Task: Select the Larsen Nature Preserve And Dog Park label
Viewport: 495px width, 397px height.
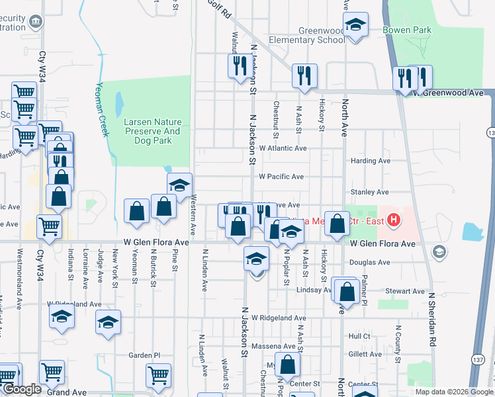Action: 152,126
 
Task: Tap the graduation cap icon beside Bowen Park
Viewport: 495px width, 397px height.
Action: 356,27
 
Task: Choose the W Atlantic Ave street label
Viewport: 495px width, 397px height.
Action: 283,148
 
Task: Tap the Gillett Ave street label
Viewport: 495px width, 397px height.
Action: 365,355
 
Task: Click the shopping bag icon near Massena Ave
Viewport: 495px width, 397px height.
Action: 288,365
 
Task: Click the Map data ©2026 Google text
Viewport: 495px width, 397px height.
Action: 453,392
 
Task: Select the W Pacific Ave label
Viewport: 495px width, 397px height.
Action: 281,177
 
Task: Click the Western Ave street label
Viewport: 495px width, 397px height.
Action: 193,214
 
